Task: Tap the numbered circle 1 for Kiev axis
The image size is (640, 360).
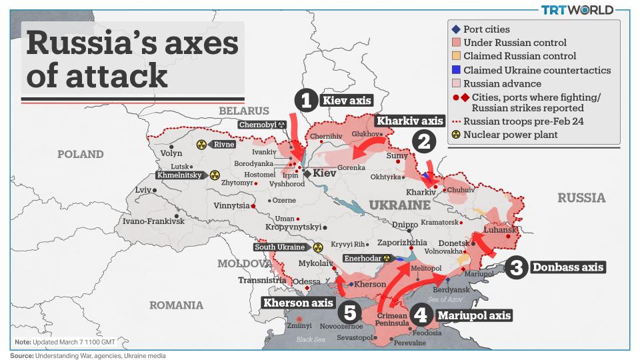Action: click(x=305, y=101)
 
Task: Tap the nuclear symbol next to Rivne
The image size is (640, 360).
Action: click(x=201, y=144)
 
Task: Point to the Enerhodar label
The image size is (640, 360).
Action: click(x=365, y=258)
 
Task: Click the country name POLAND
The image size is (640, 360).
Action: click(x=80, y=154)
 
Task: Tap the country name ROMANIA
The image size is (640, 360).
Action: click(x=176, y=305)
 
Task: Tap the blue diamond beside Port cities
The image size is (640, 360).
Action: click(x=455, y=29)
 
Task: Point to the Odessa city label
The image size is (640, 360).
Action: click(x=307, y=281)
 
